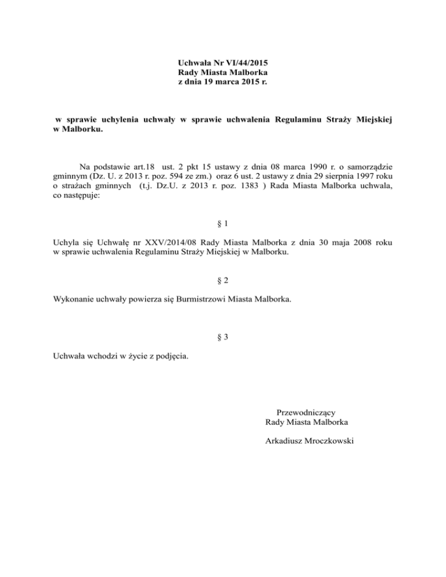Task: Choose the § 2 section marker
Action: click(x=222, y=280)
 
